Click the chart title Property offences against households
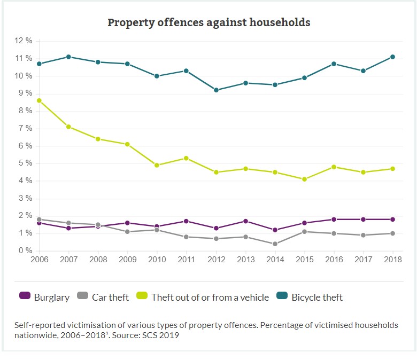tap(209, 22)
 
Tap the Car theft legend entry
tap(104, 297)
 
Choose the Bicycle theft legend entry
tap(310, 297)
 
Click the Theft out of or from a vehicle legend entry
tap(203, 297)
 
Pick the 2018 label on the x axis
tap(393, 260)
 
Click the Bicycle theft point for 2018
tap(393, 57)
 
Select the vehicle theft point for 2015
tap(304, 179)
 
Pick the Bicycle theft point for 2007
tap(68, 57)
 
